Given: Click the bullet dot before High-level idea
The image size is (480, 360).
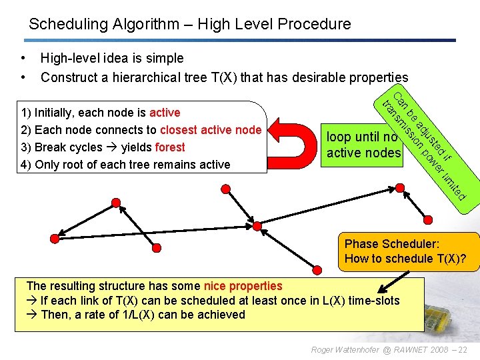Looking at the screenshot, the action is click(x=23, y=58).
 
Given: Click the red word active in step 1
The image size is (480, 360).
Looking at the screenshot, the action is click(x=165, y=113).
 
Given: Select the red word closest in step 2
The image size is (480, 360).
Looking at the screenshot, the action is click(x=180, y=130).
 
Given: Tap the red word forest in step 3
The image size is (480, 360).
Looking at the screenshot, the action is click(x=169, y=147).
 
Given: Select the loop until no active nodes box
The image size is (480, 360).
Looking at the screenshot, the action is click(x=363, y=145).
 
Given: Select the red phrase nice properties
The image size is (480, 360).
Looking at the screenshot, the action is click(x=243, y=286).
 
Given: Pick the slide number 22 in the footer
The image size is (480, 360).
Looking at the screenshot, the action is click(x=463, y=349).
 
